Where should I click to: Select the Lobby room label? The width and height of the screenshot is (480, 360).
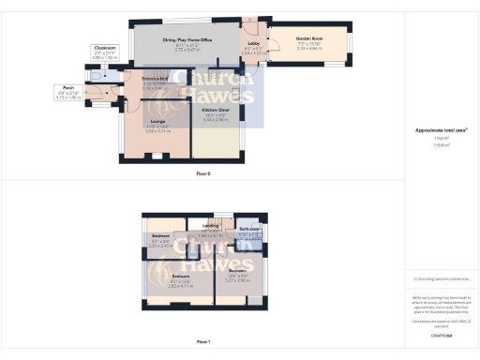[x=253, y=43]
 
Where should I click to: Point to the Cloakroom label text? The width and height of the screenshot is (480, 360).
[x=104, y=47]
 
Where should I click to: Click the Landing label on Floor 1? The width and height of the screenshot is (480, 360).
[x=211, y=225]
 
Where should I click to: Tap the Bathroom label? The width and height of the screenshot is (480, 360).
[x=248, y=229]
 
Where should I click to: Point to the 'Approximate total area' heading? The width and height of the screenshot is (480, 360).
[x=441, y=128]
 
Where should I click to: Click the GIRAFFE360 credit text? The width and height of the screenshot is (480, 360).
[x=441, y=335]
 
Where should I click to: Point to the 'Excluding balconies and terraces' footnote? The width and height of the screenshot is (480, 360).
[x=441, y=278]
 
